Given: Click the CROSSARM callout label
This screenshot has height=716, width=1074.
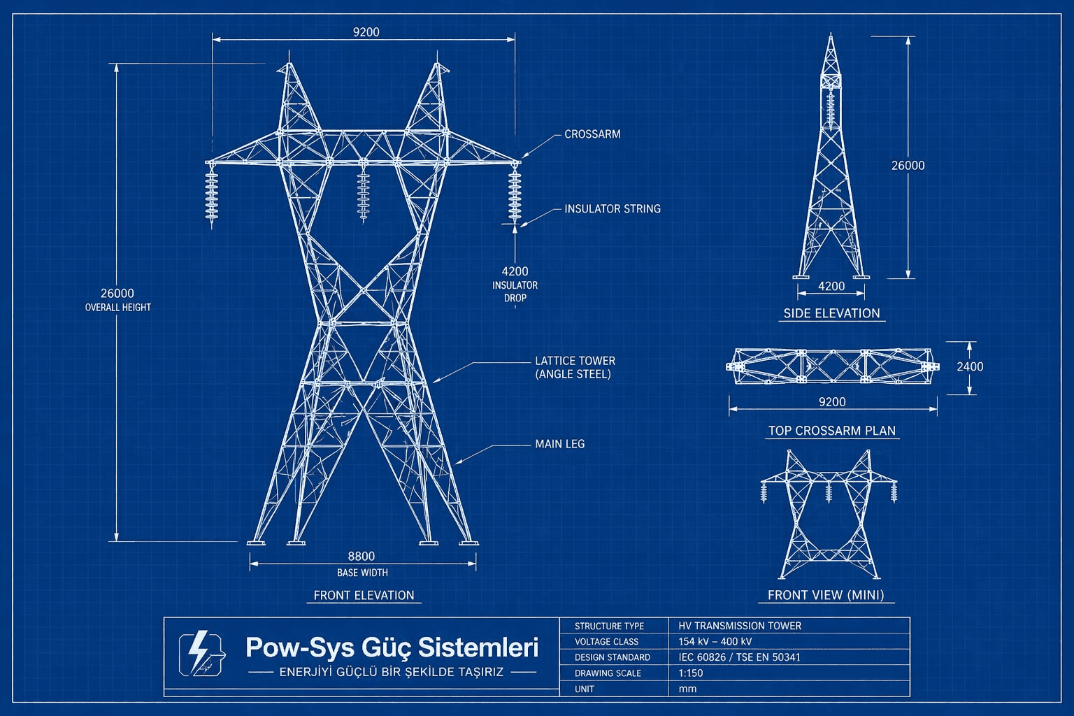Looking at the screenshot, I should [592, 134].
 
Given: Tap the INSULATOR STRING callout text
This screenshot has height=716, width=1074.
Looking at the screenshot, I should [612, 209].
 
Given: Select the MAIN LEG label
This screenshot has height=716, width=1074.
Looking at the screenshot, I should [559, 444].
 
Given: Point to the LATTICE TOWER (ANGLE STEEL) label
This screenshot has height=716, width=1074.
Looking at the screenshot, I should [575, 367].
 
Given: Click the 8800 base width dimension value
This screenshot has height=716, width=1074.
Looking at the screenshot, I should [361, 557].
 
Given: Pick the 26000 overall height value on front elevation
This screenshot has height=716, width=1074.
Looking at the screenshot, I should [117, 294].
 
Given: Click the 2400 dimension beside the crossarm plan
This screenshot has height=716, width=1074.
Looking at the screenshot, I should [970, 366].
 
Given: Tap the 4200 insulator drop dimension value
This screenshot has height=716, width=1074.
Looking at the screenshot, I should [515, 271].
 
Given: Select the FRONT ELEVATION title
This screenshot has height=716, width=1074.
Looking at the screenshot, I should [364, 596].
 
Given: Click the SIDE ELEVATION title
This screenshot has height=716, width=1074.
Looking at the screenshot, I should [831, 313].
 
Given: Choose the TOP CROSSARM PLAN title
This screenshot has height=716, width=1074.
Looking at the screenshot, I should [831, 431].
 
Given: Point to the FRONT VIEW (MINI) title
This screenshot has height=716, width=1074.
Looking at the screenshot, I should [826, 595].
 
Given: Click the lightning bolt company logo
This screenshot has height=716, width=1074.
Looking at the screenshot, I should [202, 654].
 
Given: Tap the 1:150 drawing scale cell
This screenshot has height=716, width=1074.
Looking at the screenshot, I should [691, 673].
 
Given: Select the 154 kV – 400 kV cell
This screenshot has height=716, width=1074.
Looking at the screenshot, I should [715, 642].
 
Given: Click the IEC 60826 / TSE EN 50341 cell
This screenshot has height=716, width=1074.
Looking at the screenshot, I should [739, 657].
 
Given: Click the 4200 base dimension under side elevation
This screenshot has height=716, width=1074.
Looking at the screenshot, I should [831, 286].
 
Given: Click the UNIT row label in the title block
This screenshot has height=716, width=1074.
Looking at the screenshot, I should [585, 689].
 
